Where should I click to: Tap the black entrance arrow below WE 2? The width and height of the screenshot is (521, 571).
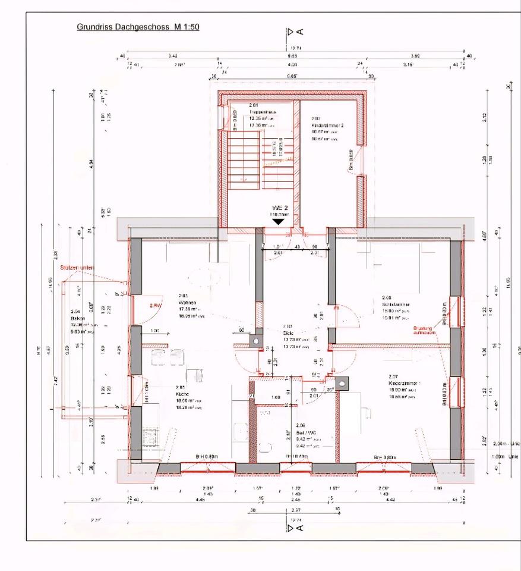coord(277,221)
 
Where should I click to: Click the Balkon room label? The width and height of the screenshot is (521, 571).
coord(77,318)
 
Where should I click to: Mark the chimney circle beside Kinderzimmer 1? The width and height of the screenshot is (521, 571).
coord(342,384)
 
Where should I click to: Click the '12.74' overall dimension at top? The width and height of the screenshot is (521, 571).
coord(296,47)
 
